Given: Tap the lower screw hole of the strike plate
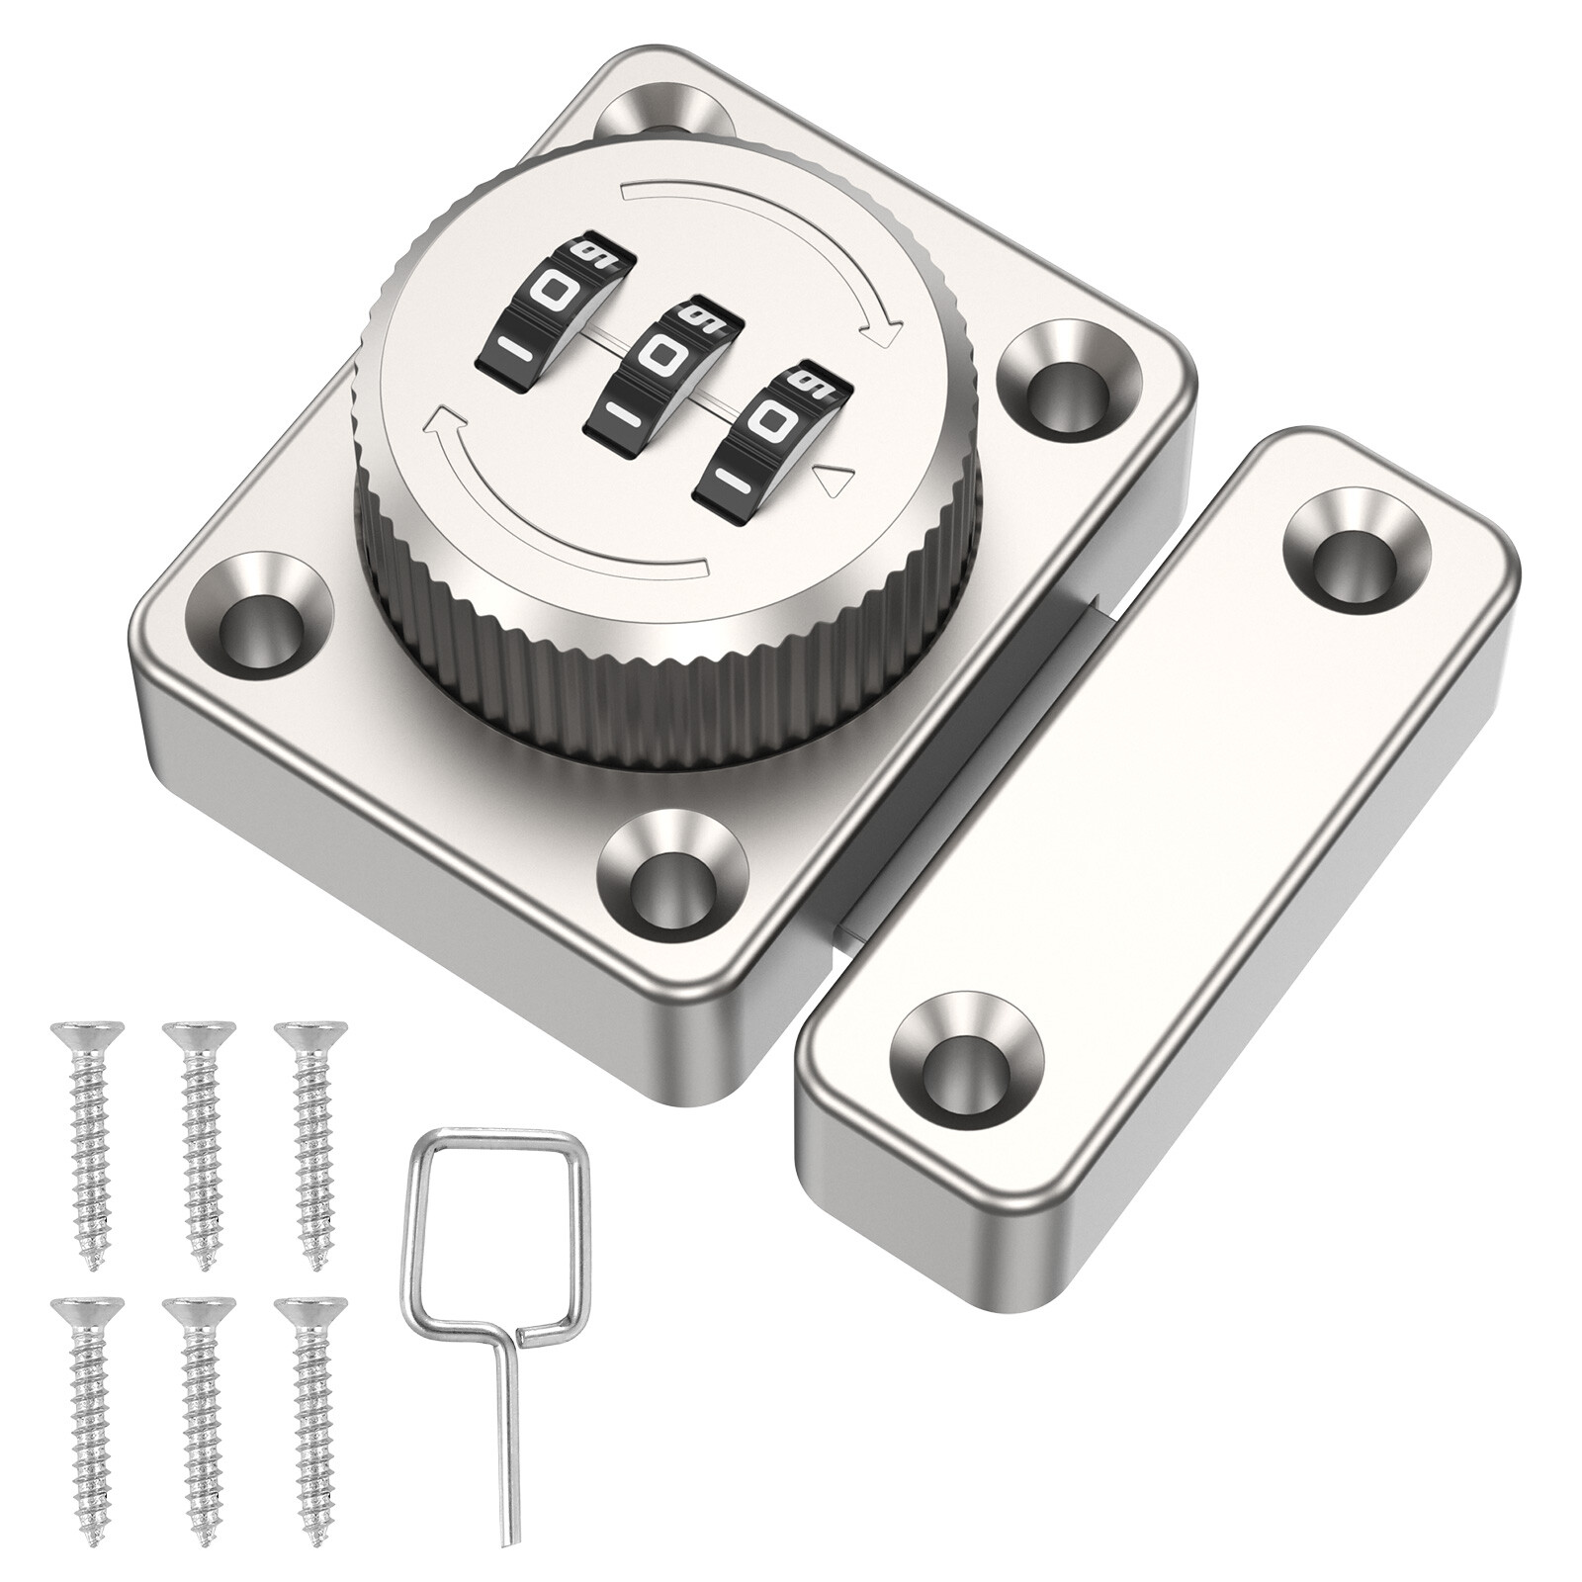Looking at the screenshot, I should tap(967, 1058).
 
